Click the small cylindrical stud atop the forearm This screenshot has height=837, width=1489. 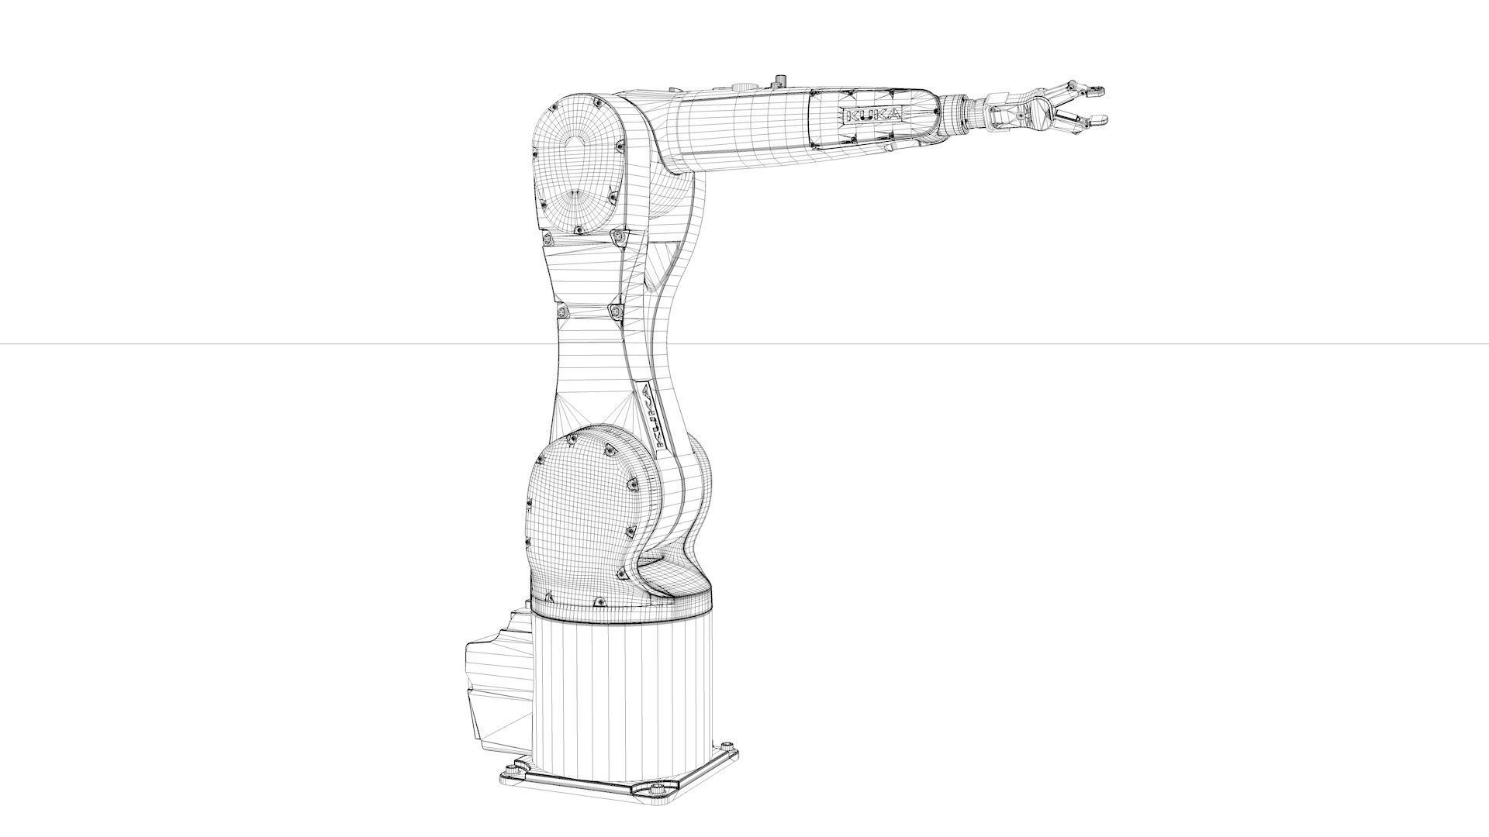pos(780,81)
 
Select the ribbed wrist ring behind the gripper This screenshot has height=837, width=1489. pos(966,111)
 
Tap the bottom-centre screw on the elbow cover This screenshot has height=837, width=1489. pos(578,230)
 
